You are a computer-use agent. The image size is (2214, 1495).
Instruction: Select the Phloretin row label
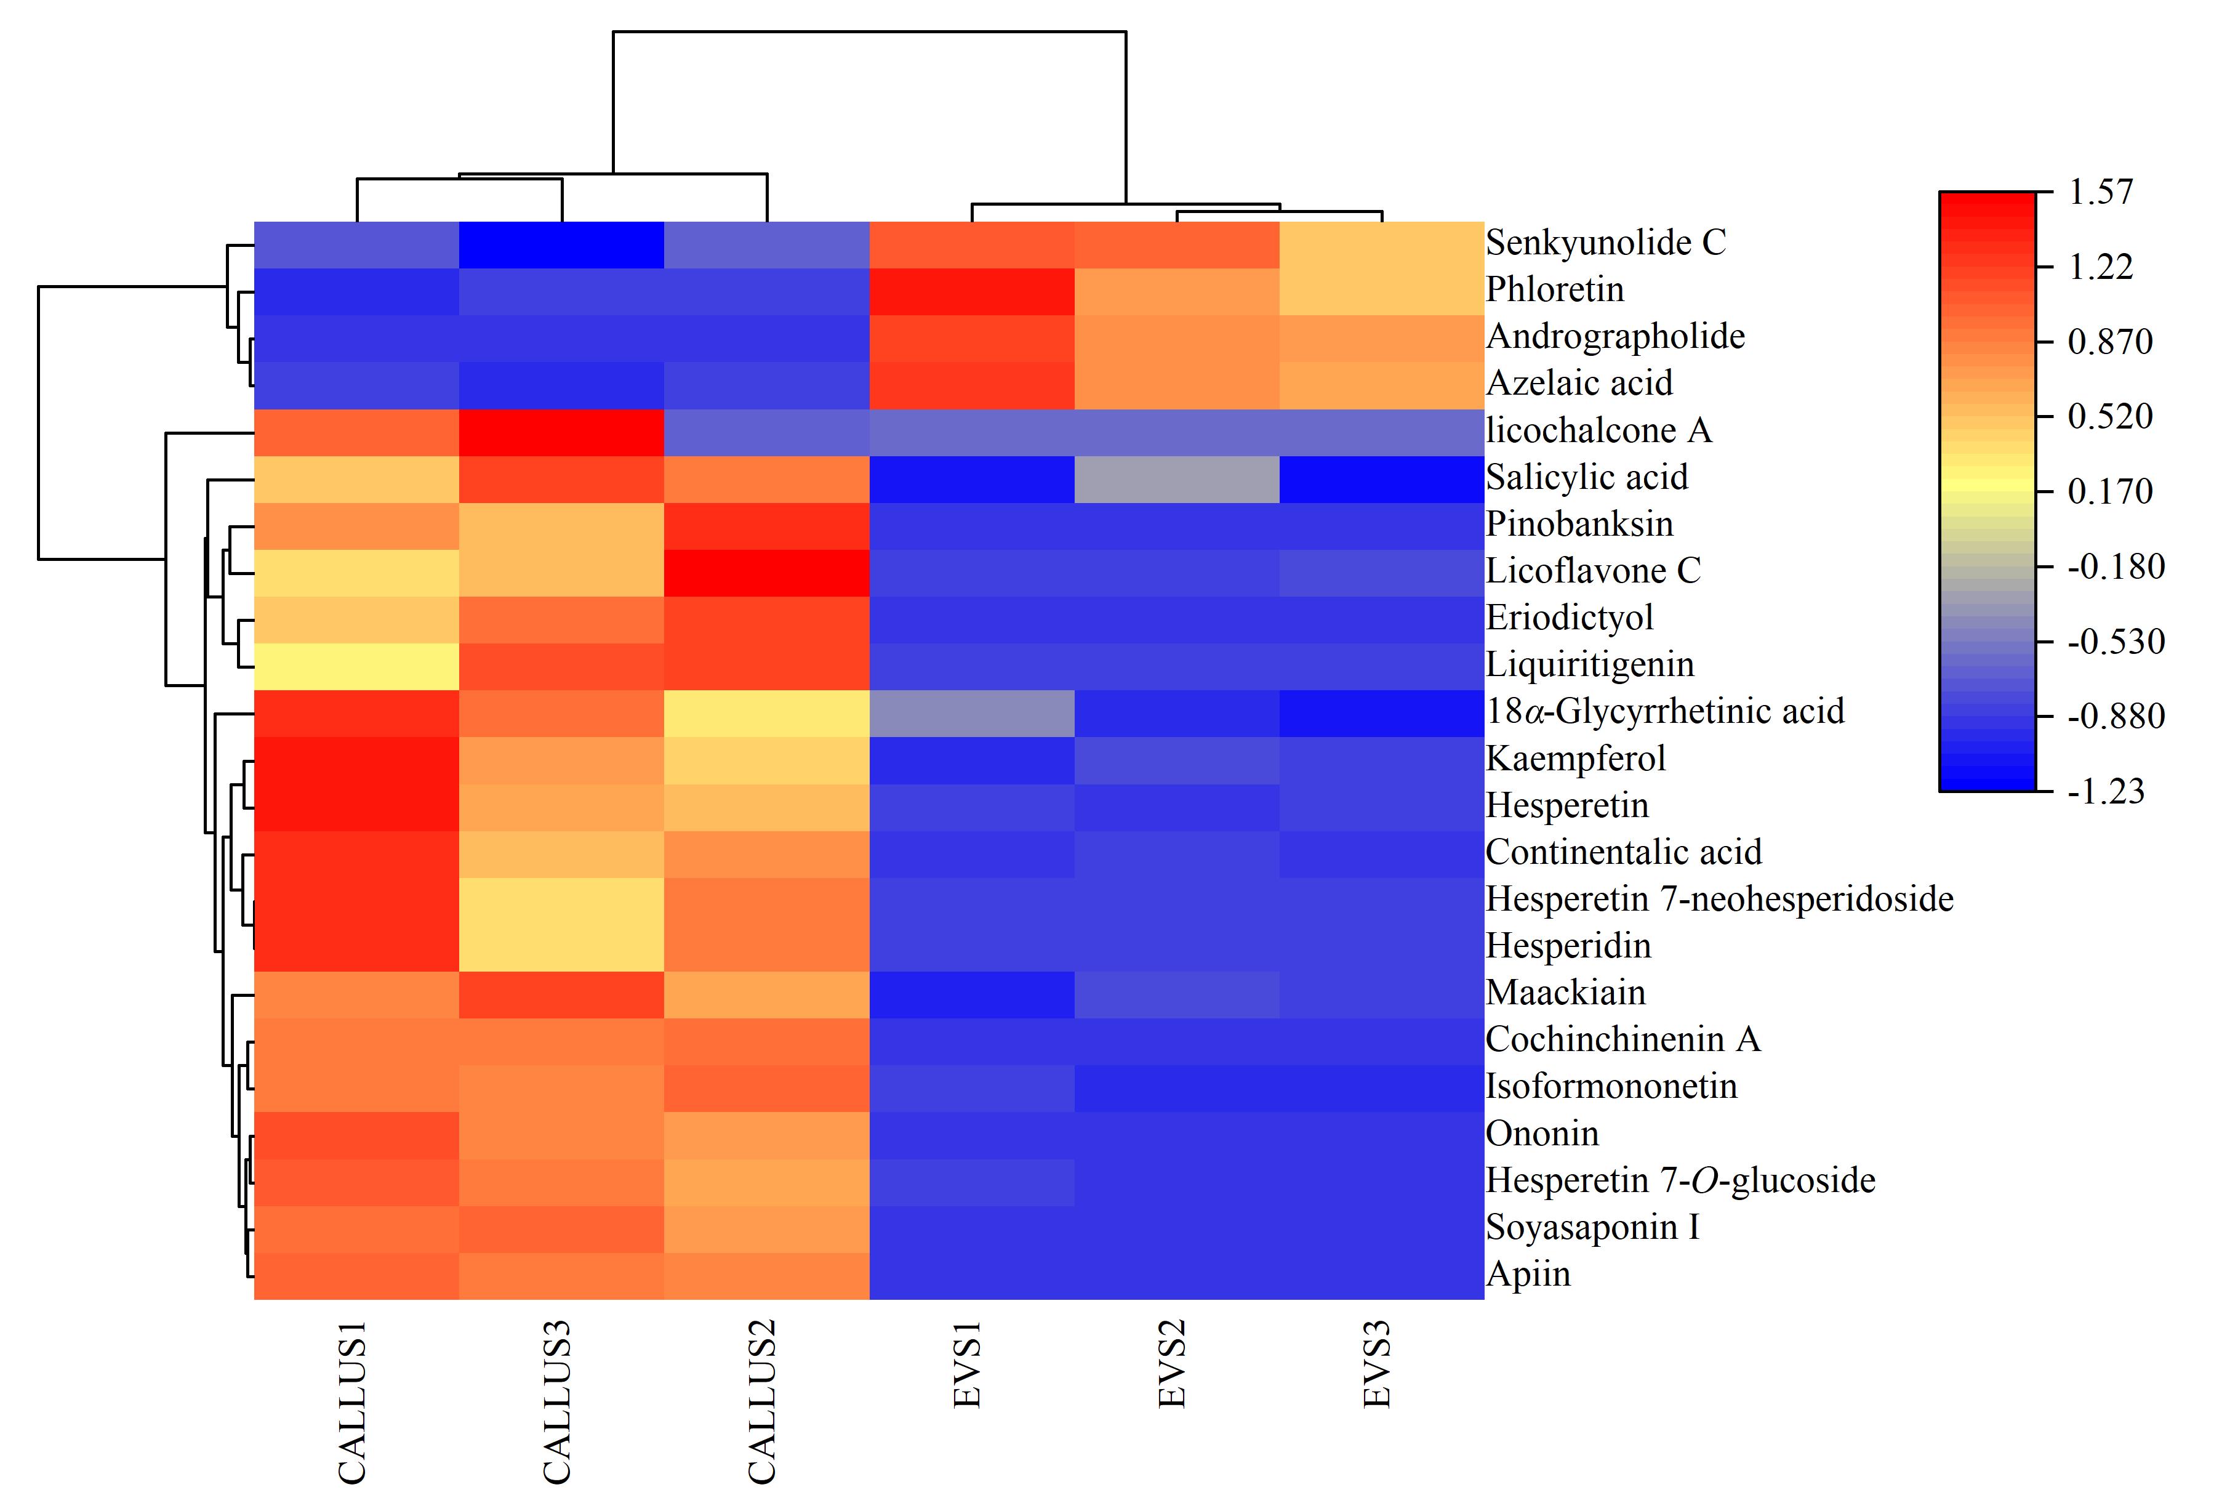(x=1555, y=289)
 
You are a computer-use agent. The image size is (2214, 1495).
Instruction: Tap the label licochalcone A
(x=1598, y=430)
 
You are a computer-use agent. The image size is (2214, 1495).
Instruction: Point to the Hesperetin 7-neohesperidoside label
(x=1720, y=898)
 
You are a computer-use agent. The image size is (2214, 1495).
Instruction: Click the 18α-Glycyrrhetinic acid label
(x=1665, y=711)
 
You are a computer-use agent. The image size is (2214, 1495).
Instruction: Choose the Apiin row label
(x=1528, y=1274)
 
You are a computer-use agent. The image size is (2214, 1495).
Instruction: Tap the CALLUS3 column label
(x=556, y=1401)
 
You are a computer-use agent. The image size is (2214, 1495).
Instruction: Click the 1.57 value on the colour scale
(x=2101, y=193)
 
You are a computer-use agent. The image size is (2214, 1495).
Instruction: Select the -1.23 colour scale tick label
(x=2106, y=791)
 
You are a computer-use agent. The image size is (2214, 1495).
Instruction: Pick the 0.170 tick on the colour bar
(x=2110, y=492)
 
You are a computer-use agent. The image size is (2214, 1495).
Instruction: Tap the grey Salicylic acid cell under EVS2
(x=1176, y=479)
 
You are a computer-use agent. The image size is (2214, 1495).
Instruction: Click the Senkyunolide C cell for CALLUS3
(x=561, y=245)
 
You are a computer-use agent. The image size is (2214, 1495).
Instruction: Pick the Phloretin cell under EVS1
(x=972, y=292)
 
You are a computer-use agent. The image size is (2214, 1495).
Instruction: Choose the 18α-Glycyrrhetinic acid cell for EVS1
(x=972, y=714)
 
